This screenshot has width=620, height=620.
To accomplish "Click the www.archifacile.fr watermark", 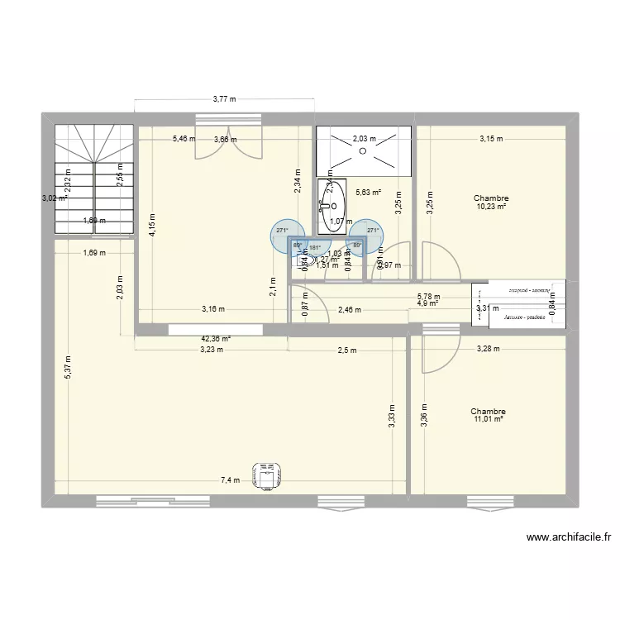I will [570, 537].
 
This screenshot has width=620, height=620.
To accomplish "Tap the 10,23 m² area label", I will [490, 207].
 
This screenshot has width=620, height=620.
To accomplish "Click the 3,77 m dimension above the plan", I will [224, 99].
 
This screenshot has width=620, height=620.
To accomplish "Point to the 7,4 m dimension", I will [230, 479].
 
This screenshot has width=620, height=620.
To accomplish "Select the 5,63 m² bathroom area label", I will [368, 193].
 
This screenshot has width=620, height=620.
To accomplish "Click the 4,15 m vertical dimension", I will [152, 225].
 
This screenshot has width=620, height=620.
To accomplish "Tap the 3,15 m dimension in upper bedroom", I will [491, 139].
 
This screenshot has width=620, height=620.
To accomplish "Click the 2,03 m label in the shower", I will [364, 139].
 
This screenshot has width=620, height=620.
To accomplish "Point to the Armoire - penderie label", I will [519, 317].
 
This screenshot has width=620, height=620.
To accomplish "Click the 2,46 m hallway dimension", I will [348, 311].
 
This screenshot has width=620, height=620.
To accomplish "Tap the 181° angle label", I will [314, 246].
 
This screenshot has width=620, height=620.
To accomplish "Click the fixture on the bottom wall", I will [266, 477].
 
